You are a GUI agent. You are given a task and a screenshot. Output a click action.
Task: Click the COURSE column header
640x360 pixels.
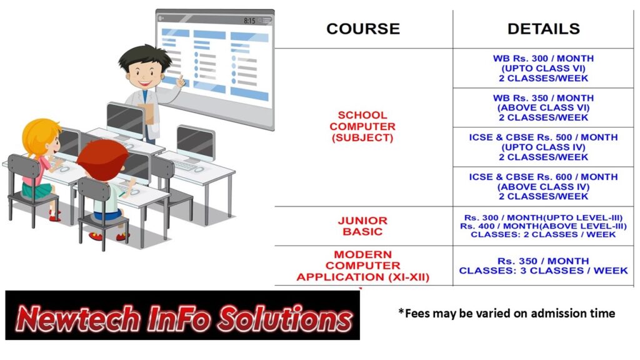coord(363,29)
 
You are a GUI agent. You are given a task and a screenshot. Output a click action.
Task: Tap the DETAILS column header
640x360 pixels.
coord(543,29)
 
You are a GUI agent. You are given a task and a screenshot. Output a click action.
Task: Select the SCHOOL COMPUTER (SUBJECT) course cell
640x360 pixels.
coord(362,126)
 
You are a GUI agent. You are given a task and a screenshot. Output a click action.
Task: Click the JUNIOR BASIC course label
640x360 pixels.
coord(362,226)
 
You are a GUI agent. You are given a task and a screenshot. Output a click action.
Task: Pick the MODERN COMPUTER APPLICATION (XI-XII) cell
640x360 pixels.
coord(363,266)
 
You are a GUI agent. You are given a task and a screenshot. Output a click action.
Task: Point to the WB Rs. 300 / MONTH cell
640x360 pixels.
coord(543,68)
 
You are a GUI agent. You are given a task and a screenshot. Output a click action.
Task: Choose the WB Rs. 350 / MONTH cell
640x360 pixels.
coord(543,107)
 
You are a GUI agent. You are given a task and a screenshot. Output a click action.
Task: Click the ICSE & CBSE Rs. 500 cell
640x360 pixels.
coord(543,147)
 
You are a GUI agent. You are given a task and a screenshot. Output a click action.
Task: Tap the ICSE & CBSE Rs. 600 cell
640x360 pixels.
coord(543,186)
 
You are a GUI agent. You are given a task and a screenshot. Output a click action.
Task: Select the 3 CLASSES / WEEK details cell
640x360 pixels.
coord(543,266)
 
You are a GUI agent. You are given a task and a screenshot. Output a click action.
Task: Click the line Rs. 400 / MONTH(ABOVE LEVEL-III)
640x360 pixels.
coord(543,226)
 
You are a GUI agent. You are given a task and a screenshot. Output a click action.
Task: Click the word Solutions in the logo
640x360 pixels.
coord(284,317)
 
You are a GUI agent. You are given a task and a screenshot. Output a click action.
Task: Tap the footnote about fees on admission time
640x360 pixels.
coord(506,313)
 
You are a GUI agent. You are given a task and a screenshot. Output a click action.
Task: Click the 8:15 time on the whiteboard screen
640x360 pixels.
coord(249,21)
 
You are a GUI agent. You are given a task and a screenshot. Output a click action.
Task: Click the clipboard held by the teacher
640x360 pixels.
coord(147,114)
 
